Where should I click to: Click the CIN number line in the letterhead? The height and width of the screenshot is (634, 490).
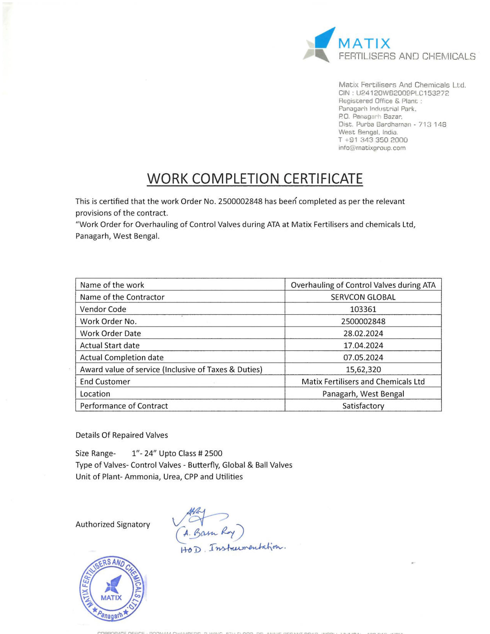(x=394, y=93)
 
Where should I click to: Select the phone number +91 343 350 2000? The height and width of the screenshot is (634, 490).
(x=373, y=140)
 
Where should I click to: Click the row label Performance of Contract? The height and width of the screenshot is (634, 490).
(x=124, y=406)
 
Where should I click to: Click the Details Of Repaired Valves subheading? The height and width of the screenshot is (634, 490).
(x=122, y=435)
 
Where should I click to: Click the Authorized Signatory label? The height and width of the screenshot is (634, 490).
(x=113, y=524)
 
